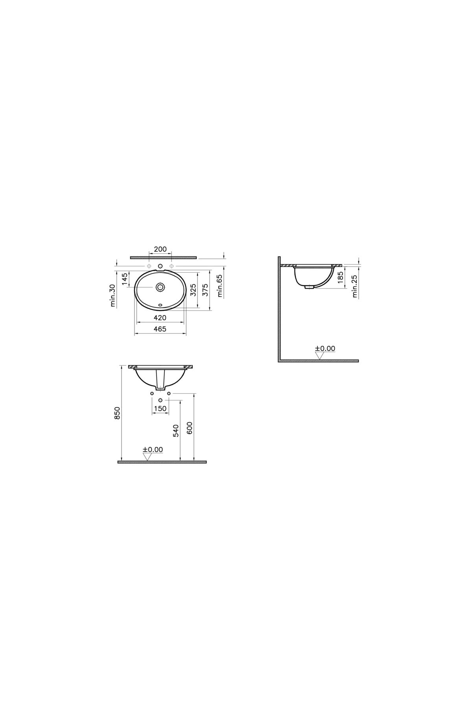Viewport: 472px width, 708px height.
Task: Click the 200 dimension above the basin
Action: click(x=160, y=249)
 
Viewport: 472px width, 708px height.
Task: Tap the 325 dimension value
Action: click(x=193, y=289)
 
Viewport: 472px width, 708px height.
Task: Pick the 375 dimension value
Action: click(x=205, y=289)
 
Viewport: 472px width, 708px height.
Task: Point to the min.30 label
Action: click(x=113, y=295)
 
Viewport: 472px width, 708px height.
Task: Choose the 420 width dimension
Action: click(x=160, y=317)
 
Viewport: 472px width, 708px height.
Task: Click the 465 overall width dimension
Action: click(x=160, y=329)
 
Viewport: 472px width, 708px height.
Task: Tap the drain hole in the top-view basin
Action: click(x=160, y=287)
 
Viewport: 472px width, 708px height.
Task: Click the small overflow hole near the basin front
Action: click(x=160, y=304)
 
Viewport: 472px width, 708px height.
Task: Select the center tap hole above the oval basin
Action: click(x=160, y=267)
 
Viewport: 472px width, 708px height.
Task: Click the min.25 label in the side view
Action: click(x=355, y=286)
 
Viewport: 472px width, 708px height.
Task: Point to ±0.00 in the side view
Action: click(x=325, y=348)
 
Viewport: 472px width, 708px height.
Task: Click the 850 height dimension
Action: click(x=117, y=413)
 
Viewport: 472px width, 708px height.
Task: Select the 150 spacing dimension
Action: click(x=160, y=409)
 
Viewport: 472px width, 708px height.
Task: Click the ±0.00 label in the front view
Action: click(x=153, y=450)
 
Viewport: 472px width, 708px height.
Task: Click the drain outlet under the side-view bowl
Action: click(x=309, y=287)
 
